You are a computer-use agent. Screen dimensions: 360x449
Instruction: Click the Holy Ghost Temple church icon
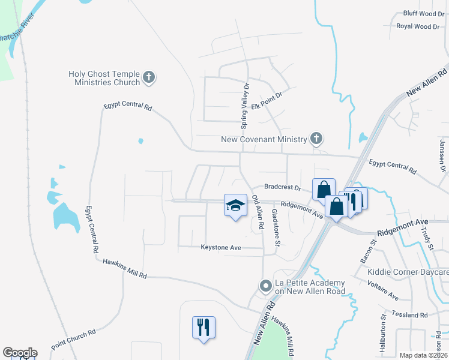pyautogui.click(x=149, y=78)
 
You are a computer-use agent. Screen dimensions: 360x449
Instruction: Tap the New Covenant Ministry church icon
pyautogui.click(x=316, y=139)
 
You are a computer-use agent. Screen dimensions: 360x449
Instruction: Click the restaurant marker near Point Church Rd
pyautogui.click(x=203, y=328)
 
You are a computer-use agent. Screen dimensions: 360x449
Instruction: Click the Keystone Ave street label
pyautogui.click(x=220, y=247)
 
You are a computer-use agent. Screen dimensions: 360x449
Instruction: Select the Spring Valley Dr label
pyautogui.click(x=245, y=110)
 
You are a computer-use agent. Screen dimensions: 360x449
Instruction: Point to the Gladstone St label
pyautogui.click(x=277, y=227)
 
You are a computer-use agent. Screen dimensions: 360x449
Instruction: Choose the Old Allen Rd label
pyautogui.click(x=259, y=212)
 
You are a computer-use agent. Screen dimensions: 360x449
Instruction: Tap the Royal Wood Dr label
pyautogui.click(x=418, y=26)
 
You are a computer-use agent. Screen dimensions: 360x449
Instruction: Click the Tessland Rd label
pyautogui.click(x=409, y=314)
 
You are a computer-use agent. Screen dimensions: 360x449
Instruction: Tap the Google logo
pyautogui.click(x=20, y=353)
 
